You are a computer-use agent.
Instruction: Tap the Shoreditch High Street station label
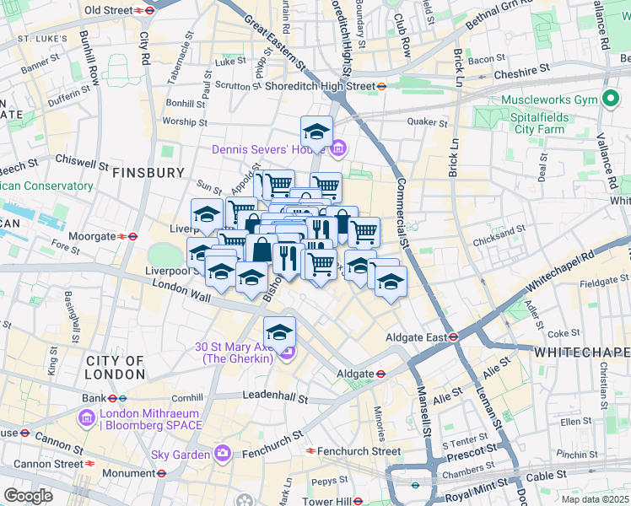(x=319, y=85)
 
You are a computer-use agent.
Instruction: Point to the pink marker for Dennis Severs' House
(x=337, y=150)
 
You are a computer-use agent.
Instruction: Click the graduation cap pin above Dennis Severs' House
(x=316, y=132)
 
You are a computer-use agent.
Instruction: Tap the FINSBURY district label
(x=148, y=172)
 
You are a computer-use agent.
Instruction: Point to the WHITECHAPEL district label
(x=582, y=351)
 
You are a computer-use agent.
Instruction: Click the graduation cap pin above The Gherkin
(x=279, y=332)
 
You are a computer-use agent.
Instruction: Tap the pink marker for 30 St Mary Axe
(x=287, y=353)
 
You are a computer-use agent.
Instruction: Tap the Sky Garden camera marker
(x=221, y=454)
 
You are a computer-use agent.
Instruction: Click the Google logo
(x=28, y=495)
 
